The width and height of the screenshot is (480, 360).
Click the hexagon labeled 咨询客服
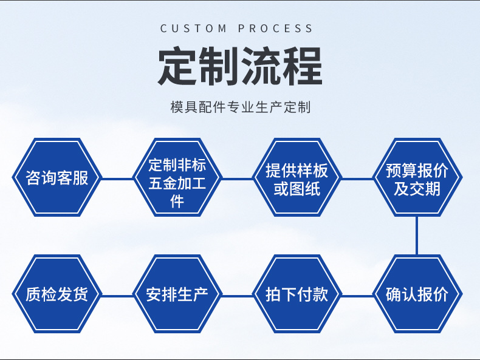57,177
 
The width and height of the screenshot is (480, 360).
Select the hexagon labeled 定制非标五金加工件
177,177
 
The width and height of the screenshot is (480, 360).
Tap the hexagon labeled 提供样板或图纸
297,177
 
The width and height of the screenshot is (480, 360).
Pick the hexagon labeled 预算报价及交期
417,177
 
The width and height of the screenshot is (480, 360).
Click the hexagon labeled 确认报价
417,295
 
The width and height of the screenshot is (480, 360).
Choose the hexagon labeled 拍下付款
297,295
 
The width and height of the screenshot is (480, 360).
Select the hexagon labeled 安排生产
177,295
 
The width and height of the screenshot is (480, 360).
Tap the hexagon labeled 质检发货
57,295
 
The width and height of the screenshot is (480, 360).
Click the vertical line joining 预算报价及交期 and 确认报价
417,236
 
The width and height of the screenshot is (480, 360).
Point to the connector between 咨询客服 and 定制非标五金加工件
117,178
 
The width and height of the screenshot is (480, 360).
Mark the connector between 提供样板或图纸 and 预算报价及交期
357,178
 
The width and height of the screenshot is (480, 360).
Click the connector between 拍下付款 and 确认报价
357,296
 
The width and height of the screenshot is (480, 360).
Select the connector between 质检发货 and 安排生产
117,296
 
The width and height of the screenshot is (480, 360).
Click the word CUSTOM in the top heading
193,29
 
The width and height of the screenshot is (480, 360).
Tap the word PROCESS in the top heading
276,29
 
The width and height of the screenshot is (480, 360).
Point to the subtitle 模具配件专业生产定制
240,107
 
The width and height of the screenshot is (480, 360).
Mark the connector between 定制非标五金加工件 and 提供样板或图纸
237,178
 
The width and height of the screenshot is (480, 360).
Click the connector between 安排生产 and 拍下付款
237,296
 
